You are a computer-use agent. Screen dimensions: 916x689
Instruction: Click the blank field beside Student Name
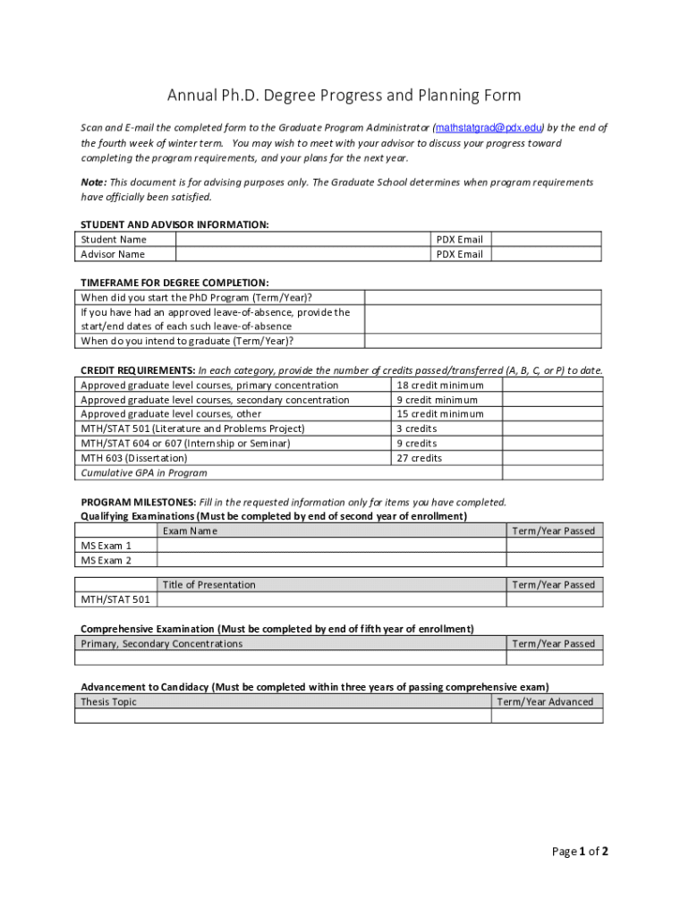click(302, 240)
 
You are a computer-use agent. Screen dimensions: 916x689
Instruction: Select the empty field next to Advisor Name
click(302, 254)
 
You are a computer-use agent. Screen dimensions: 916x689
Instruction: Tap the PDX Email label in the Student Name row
click(459, 240)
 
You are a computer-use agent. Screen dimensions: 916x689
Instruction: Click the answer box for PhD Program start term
click(482, 298)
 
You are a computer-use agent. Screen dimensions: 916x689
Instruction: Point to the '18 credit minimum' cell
click(440, 386)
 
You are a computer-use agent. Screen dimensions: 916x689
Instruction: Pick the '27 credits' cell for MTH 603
click(420, 458)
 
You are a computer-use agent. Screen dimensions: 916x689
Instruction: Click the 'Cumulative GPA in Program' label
click(144, 473)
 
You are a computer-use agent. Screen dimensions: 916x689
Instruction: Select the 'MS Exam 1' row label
click(106, 546)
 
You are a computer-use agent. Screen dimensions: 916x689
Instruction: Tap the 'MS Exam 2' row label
click(106, 560)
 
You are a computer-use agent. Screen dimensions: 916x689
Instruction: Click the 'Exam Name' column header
click(190, 531)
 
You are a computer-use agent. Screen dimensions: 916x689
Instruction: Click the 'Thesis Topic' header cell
click(109, 702)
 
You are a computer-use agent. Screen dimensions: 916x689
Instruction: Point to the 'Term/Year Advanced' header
click(545, 702)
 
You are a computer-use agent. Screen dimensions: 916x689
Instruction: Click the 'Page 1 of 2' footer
click(580, 852)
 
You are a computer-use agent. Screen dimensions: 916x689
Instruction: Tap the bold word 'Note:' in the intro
click(94, 182)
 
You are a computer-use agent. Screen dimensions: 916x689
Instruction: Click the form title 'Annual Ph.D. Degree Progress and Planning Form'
click(344, 96)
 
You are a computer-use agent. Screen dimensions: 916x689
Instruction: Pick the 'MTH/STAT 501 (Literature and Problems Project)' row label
click(193, 429)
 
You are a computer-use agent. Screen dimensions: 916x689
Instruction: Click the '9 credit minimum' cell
click(438, 400)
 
